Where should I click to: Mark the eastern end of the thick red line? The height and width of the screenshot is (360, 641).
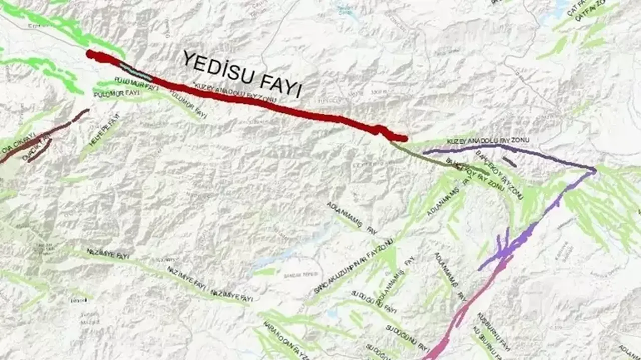click(x=405, y=138)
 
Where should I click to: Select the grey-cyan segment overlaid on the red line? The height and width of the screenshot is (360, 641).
click(x=136, y=72)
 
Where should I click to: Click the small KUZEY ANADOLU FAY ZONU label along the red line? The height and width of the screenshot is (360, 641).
click(x=235, y=93)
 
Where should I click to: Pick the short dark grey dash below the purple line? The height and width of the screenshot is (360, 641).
click(x=509, y=162)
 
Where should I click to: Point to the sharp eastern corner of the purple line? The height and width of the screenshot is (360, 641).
click(x=594, y=170)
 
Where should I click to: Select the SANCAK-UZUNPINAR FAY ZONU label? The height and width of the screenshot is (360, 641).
click(x=354, y=267)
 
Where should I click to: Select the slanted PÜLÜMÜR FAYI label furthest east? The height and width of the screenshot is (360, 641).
click(x=188, y=104)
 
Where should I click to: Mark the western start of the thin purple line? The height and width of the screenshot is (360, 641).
click(x=425, y=152)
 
